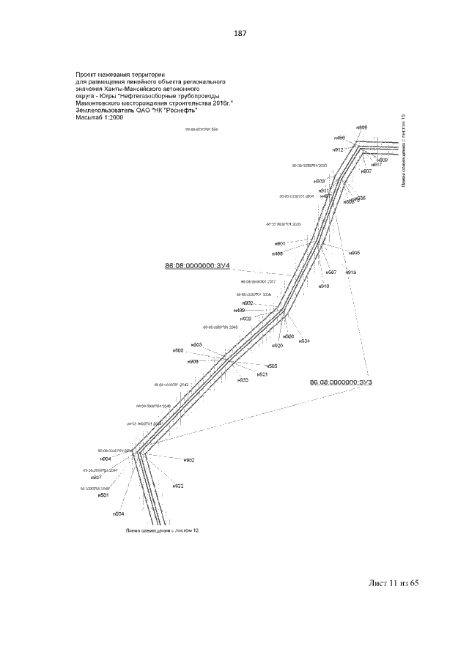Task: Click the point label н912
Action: click(338, 149)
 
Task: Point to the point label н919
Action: click(351, 273)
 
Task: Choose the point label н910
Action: click(324, 286)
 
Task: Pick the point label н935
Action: click(354, 253)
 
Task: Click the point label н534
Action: click(304, 341)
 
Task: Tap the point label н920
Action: click(277, 346)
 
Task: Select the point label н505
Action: click(271, 366)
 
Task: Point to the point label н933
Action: click(243, 380)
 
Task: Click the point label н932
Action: click(189, 460)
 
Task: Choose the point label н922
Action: click(178, 486)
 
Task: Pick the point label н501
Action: click(104, 495)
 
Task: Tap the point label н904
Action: click(106, 459)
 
